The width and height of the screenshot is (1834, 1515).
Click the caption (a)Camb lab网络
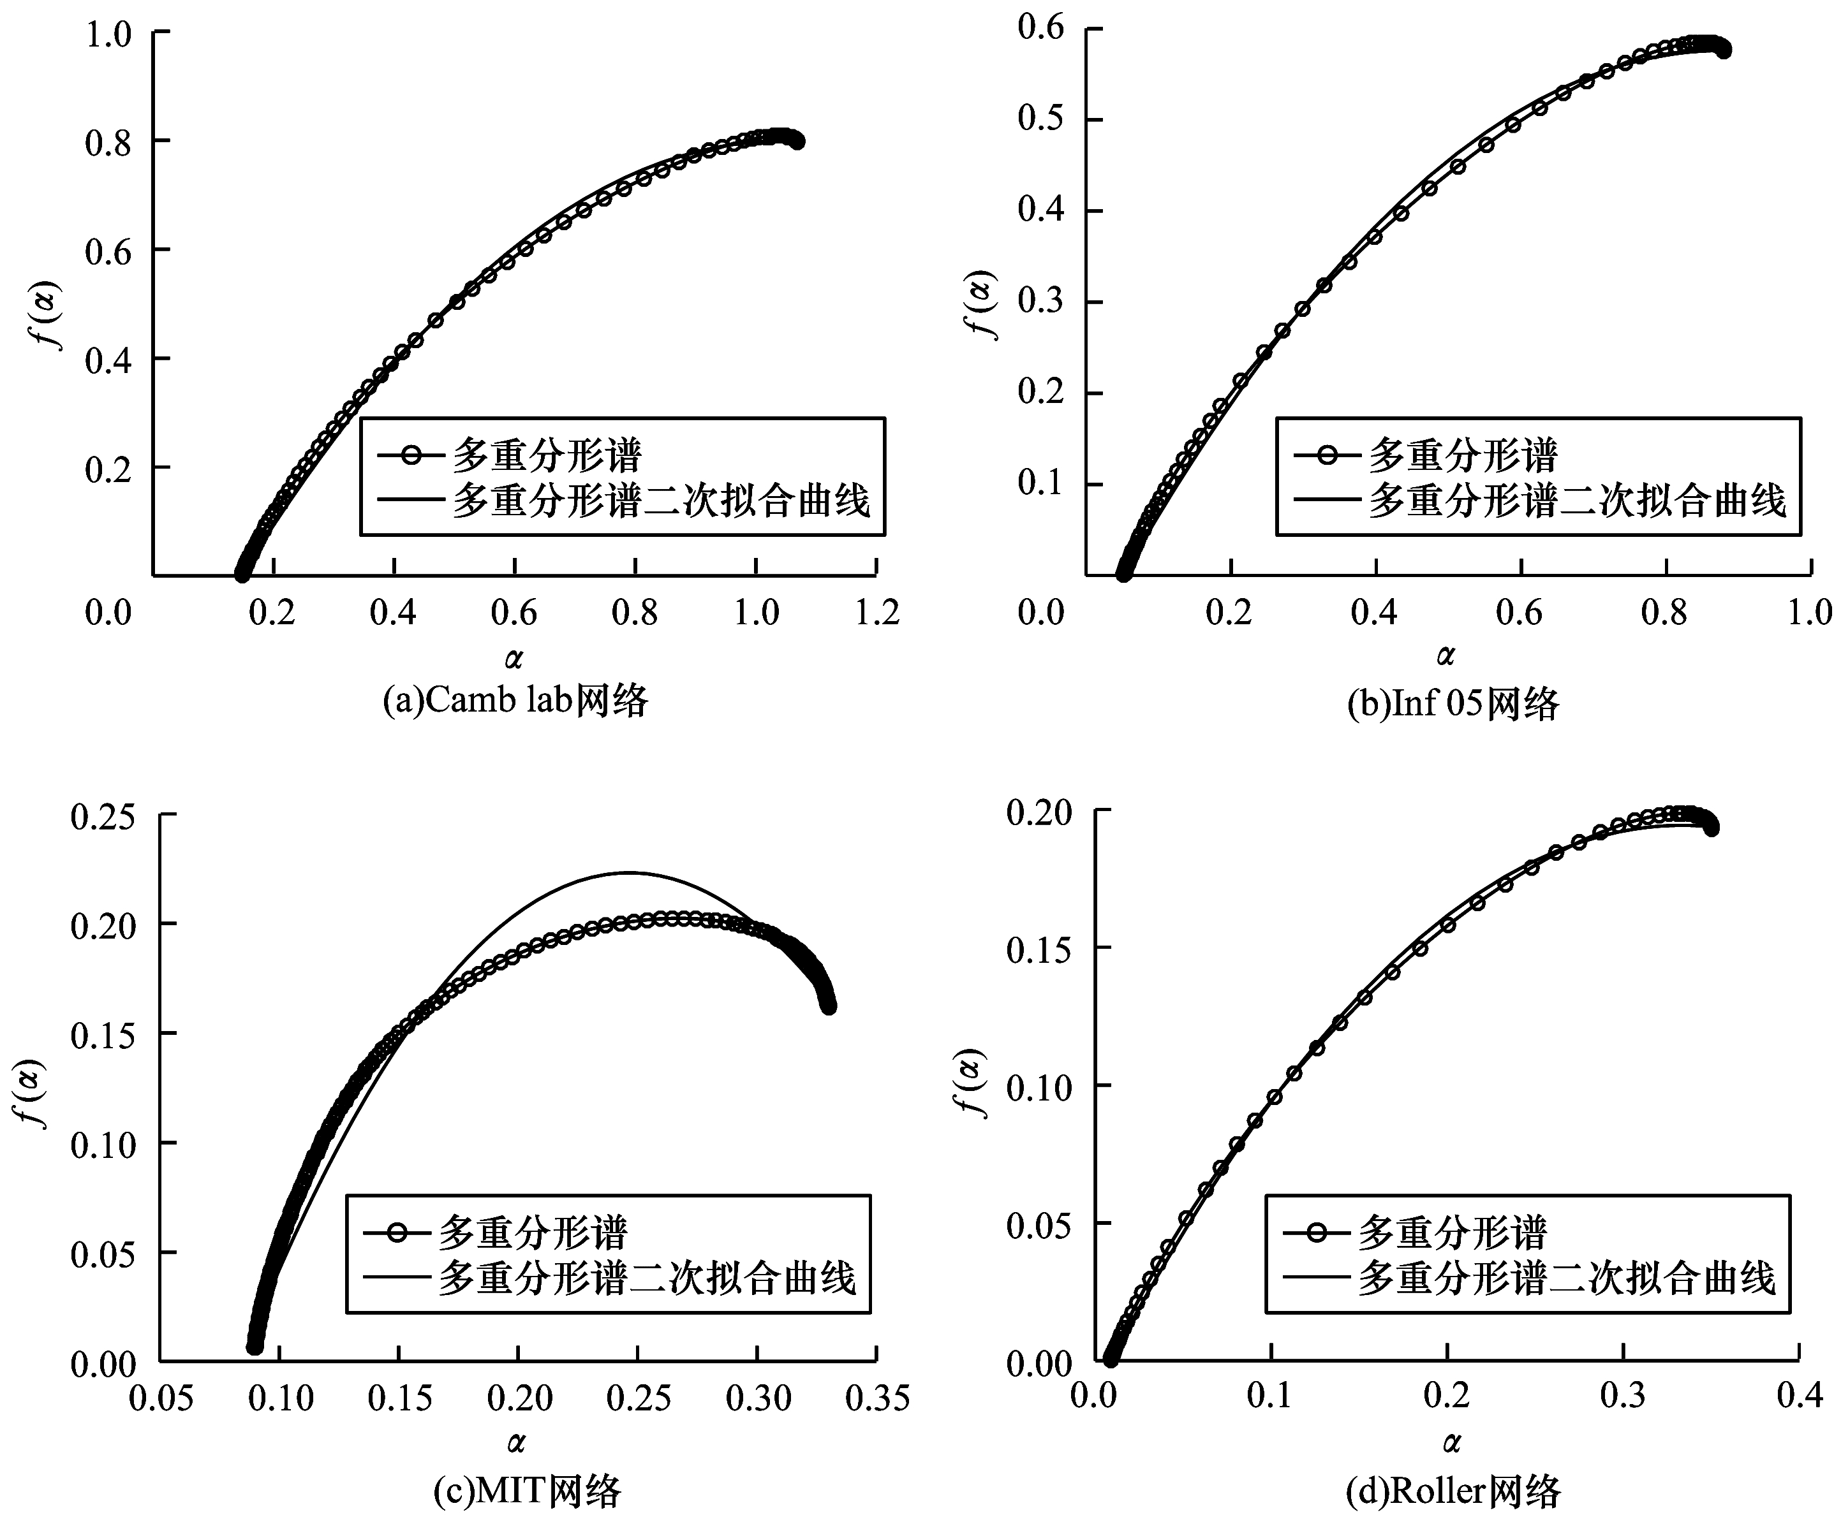coord(515,701)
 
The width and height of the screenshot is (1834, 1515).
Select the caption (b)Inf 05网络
coord(1453,703)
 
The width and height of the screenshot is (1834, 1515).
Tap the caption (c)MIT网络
coord(528,1491)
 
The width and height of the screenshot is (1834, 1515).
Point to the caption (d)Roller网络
coord(1453,1491)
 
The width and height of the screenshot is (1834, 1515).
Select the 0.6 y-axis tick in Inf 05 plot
coord(1040,29)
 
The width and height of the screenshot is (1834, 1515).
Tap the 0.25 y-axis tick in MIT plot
coord(103,817)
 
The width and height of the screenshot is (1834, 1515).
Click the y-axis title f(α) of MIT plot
coord(36,1094)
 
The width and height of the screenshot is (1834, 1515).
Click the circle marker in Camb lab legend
coord(412,455)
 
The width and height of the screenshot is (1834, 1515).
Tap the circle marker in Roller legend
coord(1317,1233)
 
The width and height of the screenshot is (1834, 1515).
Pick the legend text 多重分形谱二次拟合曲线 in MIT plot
coord(647,1279)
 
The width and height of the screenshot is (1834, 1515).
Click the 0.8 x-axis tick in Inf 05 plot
coord(1666,613)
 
